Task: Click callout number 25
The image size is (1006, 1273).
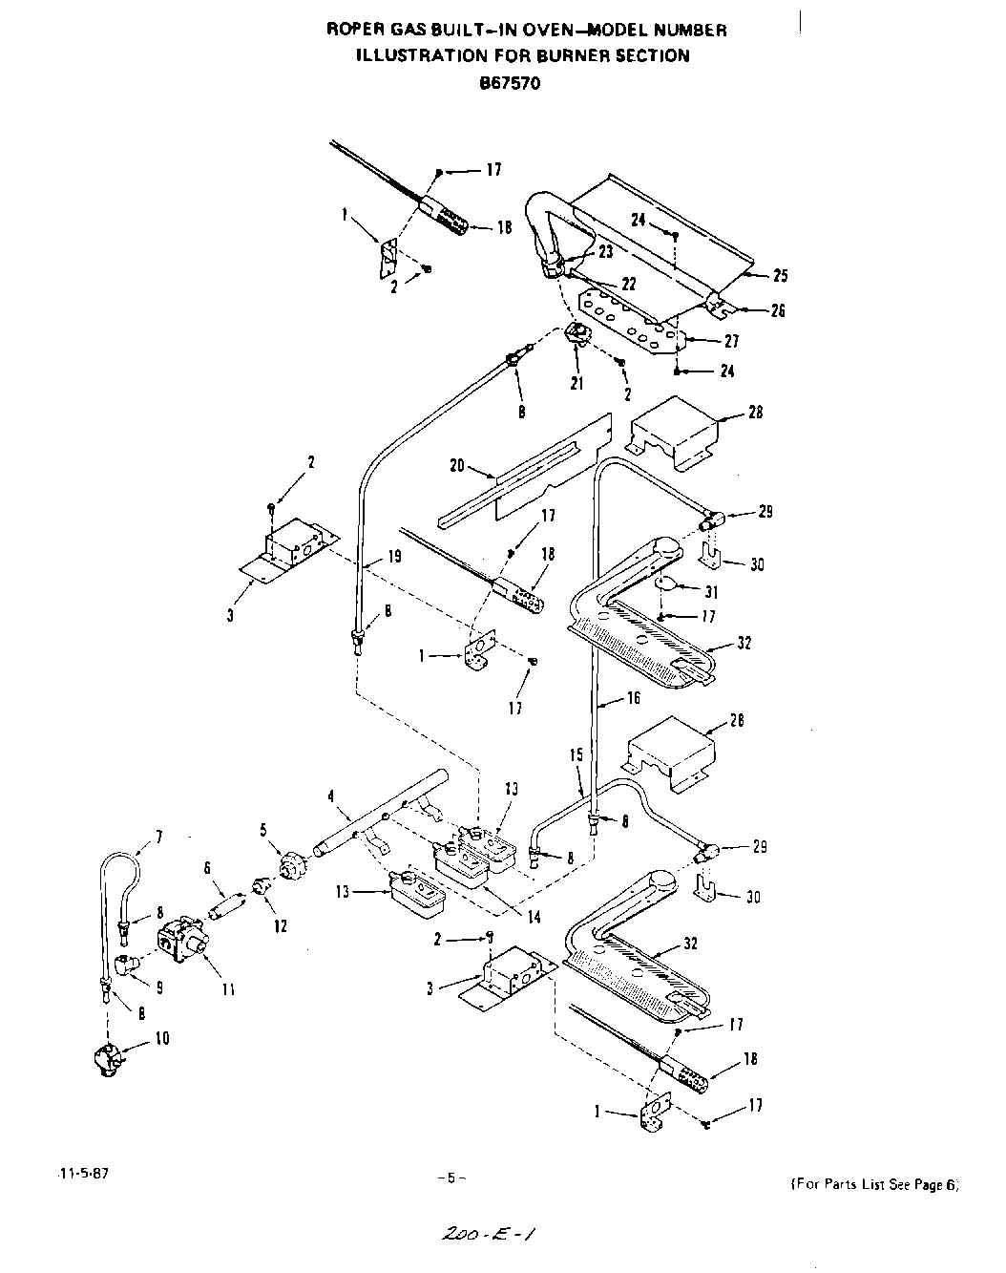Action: (781, 276)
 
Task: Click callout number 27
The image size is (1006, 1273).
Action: (732, 341)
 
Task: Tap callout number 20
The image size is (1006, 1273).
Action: (456, 465)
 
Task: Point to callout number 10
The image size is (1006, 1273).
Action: (162, 1037)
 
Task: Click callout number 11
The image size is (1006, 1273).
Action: (228, 990)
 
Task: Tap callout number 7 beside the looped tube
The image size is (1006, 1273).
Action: (158, 837)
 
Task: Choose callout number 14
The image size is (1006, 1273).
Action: (534, 917)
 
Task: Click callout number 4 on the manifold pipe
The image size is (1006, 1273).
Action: (330, 795)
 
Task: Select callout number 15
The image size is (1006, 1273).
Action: (576, 754)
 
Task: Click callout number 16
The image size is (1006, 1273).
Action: (633, 699)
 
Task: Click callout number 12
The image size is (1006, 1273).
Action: (280, 925)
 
